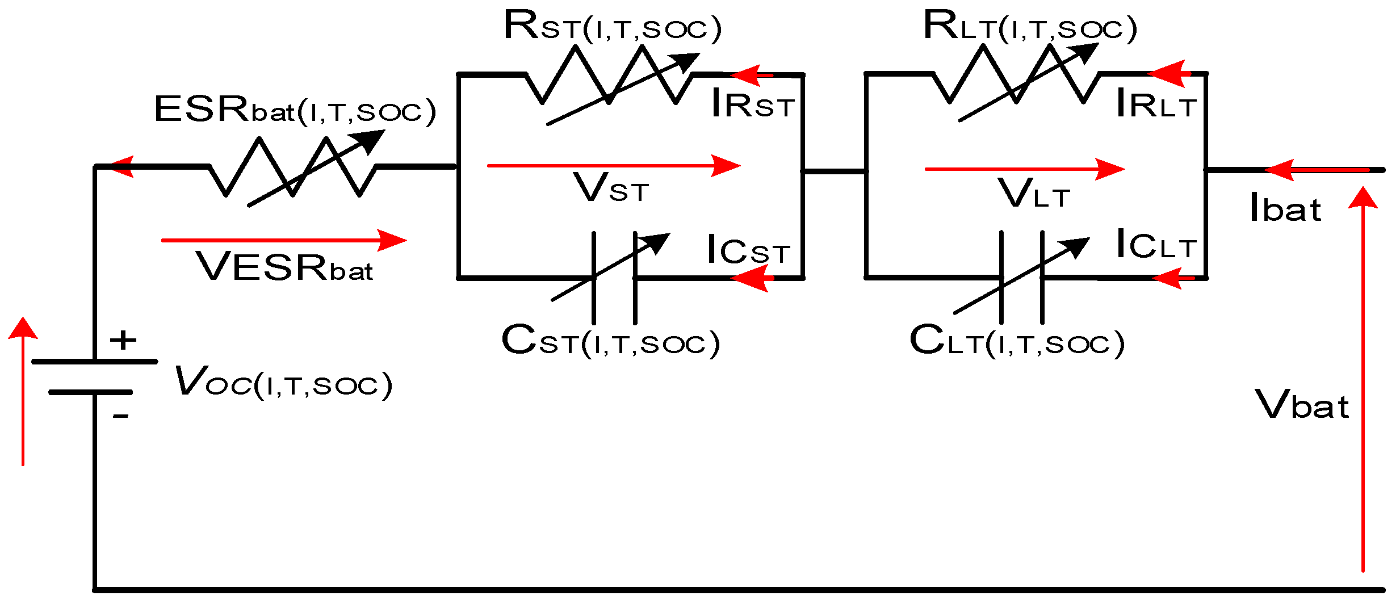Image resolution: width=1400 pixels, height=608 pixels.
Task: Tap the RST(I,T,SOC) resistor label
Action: point(612,27)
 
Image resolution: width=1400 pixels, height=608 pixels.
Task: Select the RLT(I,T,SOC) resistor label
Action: point(1030,27)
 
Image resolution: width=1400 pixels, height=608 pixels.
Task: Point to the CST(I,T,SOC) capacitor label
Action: point(610,341)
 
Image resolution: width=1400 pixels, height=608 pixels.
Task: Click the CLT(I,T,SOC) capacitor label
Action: point(1017,342)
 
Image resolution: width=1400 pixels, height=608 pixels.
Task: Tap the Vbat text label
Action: point(1301,405)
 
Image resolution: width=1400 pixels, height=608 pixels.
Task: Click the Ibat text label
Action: point(1285,208)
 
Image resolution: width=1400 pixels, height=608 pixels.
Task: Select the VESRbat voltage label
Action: point(284,267)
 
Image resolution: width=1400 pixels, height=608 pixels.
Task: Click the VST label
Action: point(611,188)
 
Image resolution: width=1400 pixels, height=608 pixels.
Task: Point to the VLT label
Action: point(1033,194)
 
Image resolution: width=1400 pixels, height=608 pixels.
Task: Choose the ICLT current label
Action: point(1155,245)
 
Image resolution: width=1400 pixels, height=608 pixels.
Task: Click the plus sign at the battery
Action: point(123,341)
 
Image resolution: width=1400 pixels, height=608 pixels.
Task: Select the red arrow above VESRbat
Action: point(284,240)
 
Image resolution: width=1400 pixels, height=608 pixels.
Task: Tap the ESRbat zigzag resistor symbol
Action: point(292,167)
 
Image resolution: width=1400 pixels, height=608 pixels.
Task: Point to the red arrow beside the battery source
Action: point(23,392)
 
